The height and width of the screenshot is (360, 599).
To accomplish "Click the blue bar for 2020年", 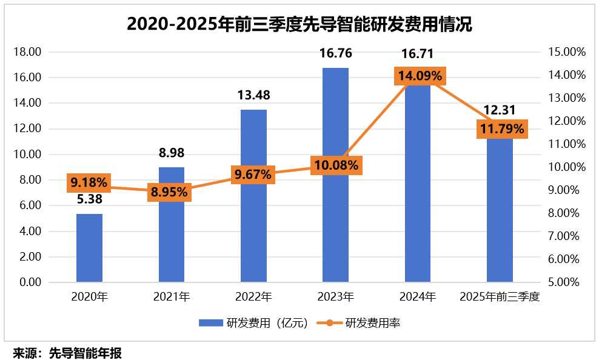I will [x=89, y=248].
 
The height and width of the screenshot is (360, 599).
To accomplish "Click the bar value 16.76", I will [x=335, y=54].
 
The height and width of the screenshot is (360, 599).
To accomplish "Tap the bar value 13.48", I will [x=253, y=95].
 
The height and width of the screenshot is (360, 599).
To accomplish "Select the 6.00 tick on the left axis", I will [x=28, y=206].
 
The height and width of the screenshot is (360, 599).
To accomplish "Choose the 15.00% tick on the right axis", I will [x=566, y=52].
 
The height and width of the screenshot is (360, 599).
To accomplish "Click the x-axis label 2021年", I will [x=172, y=297].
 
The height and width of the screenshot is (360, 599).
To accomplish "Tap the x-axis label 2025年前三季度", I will [x=500, y=297].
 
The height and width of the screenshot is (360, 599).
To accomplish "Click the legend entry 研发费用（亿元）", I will [x=255, y=323].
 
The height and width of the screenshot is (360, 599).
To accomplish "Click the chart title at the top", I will [x=299, y=24].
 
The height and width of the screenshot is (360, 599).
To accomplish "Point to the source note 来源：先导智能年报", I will [x=67, y=353].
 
